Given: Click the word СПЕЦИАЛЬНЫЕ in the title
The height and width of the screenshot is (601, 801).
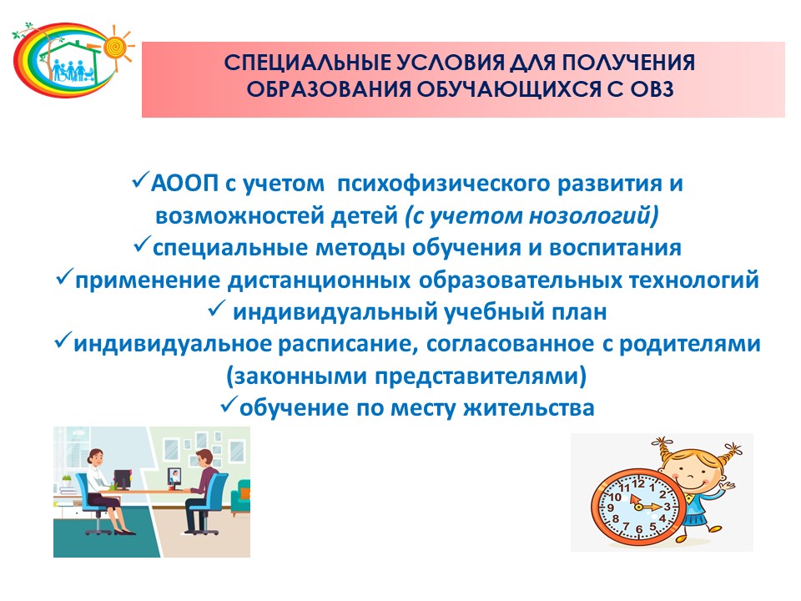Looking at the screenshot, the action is click(307, 63).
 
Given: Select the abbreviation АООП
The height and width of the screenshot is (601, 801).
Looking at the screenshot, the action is click(184, 183).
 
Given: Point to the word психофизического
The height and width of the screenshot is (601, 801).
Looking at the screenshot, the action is click(443, 184).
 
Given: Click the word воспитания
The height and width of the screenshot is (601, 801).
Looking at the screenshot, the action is click(615, 248).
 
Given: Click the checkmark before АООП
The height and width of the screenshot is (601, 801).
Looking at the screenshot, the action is click(140, 180).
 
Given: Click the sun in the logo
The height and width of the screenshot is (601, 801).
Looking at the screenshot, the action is click(117, 48).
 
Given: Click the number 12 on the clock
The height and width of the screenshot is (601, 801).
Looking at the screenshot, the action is click(638, 483).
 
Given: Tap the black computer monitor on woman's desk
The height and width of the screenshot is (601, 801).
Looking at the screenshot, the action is click(122, 479).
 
